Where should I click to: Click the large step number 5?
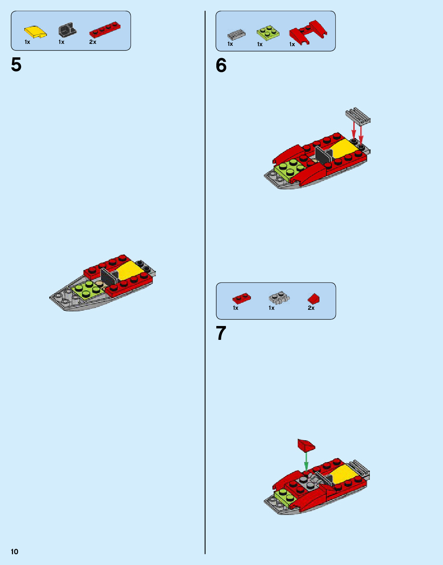16,65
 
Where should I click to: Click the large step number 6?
221,65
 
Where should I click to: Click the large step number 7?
221,333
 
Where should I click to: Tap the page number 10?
15,552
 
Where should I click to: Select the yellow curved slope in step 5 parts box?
35,32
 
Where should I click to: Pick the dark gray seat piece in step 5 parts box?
67,29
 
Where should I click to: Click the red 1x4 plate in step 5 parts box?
105,30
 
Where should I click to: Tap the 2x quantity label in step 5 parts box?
93,42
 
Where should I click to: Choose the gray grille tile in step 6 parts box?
236,34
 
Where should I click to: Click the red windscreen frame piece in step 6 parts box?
308,32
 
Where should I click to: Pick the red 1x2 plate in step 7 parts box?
242,298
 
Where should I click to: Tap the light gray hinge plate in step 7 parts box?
279,298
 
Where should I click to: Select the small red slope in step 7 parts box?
314,299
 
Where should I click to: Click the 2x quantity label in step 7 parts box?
311,308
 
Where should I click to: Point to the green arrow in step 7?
306,462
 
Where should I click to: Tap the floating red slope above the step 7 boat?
306,445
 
